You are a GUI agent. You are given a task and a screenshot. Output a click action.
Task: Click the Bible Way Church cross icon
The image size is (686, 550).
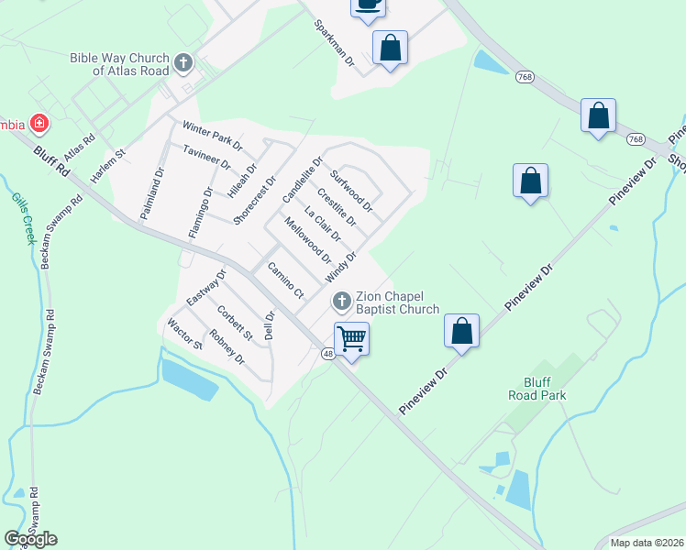[183, 63]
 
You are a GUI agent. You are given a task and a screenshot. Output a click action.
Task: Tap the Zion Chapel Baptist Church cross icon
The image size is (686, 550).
[341, 301]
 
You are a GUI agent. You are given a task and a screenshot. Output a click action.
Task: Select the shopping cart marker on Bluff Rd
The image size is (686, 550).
[351, 339]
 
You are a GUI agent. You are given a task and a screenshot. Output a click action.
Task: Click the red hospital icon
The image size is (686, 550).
[39, 123]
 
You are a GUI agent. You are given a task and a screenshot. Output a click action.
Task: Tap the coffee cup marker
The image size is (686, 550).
[368, 5]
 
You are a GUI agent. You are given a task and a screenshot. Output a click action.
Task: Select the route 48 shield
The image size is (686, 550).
[327, 353]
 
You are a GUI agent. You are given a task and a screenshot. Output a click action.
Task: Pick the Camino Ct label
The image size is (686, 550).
[284, 280]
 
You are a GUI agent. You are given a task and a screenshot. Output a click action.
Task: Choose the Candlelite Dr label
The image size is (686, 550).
[303, 180]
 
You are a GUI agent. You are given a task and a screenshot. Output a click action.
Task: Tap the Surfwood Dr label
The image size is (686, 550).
[351, 190]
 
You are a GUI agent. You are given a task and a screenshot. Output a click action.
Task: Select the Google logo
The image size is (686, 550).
[30, 539]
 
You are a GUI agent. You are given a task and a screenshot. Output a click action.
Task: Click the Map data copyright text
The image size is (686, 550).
[647, 543]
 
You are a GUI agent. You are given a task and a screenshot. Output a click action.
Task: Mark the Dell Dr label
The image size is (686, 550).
[270, 325]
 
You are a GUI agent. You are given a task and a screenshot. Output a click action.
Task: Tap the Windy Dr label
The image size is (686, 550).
[340, 268]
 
